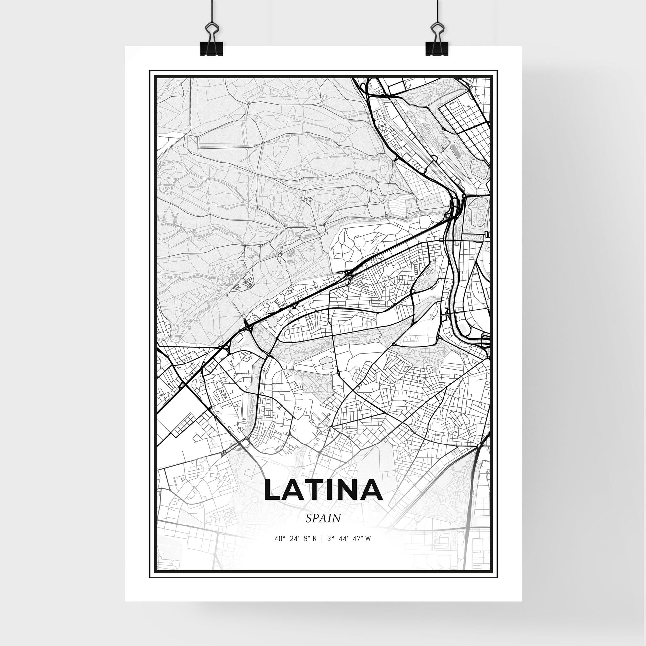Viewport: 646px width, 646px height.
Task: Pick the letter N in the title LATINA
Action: [x=350, y=490]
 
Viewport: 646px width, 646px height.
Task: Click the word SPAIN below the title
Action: [x=323, y=518]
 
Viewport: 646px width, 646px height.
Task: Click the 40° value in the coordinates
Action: [x=280, y=548]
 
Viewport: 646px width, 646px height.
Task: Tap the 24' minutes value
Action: [x=294, y=548]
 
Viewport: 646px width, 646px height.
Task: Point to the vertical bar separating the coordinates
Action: [x=322, y=548]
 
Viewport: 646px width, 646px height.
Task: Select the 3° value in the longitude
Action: [x=331, y=548]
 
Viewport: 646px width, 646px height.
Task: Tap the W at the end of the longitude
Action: [x=368, y=548]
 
